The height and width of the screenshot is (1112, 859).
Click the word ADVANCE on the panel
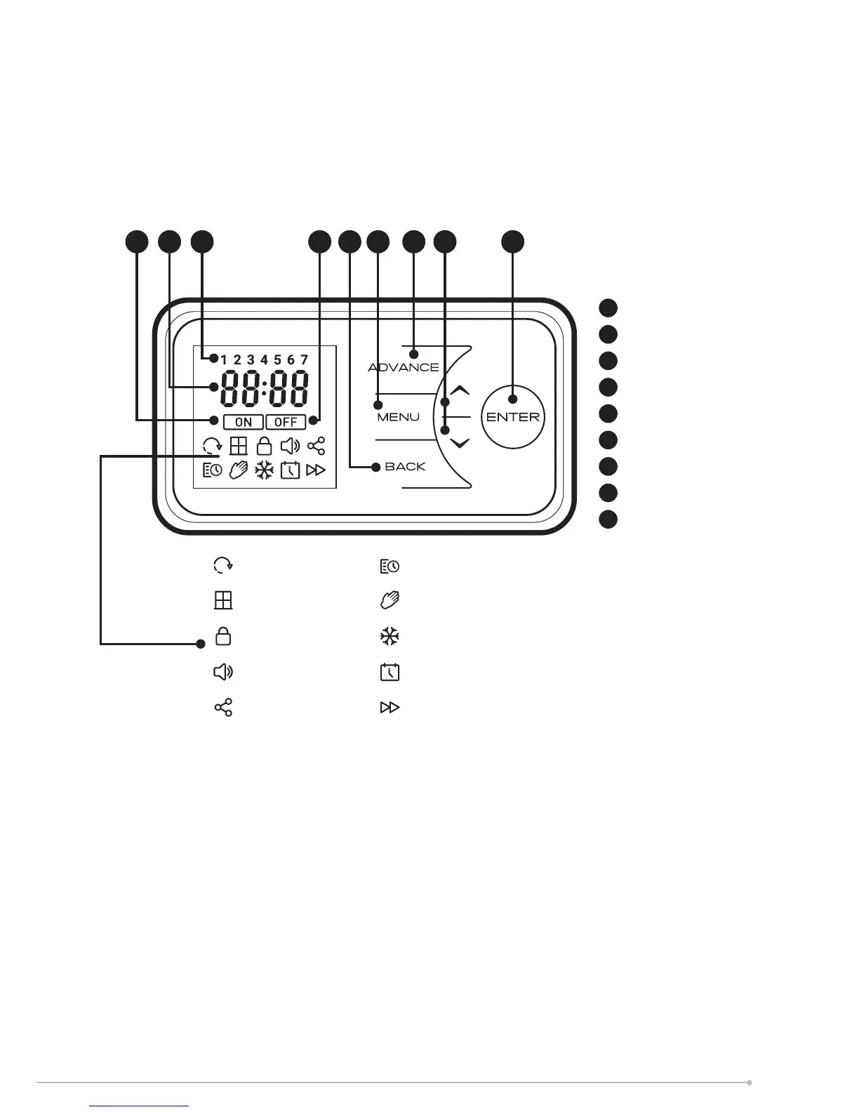click(404, 367)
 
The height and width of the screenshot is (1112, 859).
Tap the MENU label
click(398, 417)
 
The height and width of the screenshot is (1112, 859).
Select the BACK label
click(405, 467)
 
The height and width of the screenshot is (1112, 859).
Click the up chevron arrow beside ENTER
click(460, 390)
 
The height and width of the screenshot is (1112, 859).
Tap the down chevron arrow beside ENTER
click(460, 443)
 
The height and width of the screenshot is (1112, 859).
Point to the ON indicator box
click(244, 422)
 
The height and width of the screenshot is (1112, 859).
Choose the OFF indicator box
click(286, 422)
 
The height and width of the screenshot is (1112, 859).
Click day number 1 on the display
click(224, 360)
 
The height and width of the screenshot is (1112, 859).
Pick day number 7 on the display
click(304, 360)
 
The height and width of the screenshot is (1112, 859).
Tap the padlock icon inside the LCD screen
click(264, 446)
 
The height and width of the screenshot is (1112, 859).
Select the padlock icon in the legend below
click(222, 637)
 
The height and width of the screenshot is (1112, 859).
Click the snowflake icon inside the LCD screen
click(264, 470)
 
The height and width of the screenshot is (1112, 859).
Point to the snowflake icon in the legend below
click(389, 637)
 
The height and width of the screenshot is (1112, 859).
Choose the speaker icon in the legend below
click(222, 672)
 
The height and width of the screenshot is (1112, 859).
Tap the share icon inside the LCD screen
click(317, 446)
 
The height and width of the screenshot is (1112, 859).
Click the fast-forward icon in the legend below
click(389, 708)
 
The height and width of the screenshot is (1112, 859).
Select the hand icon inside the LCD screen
click(239, 470)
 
